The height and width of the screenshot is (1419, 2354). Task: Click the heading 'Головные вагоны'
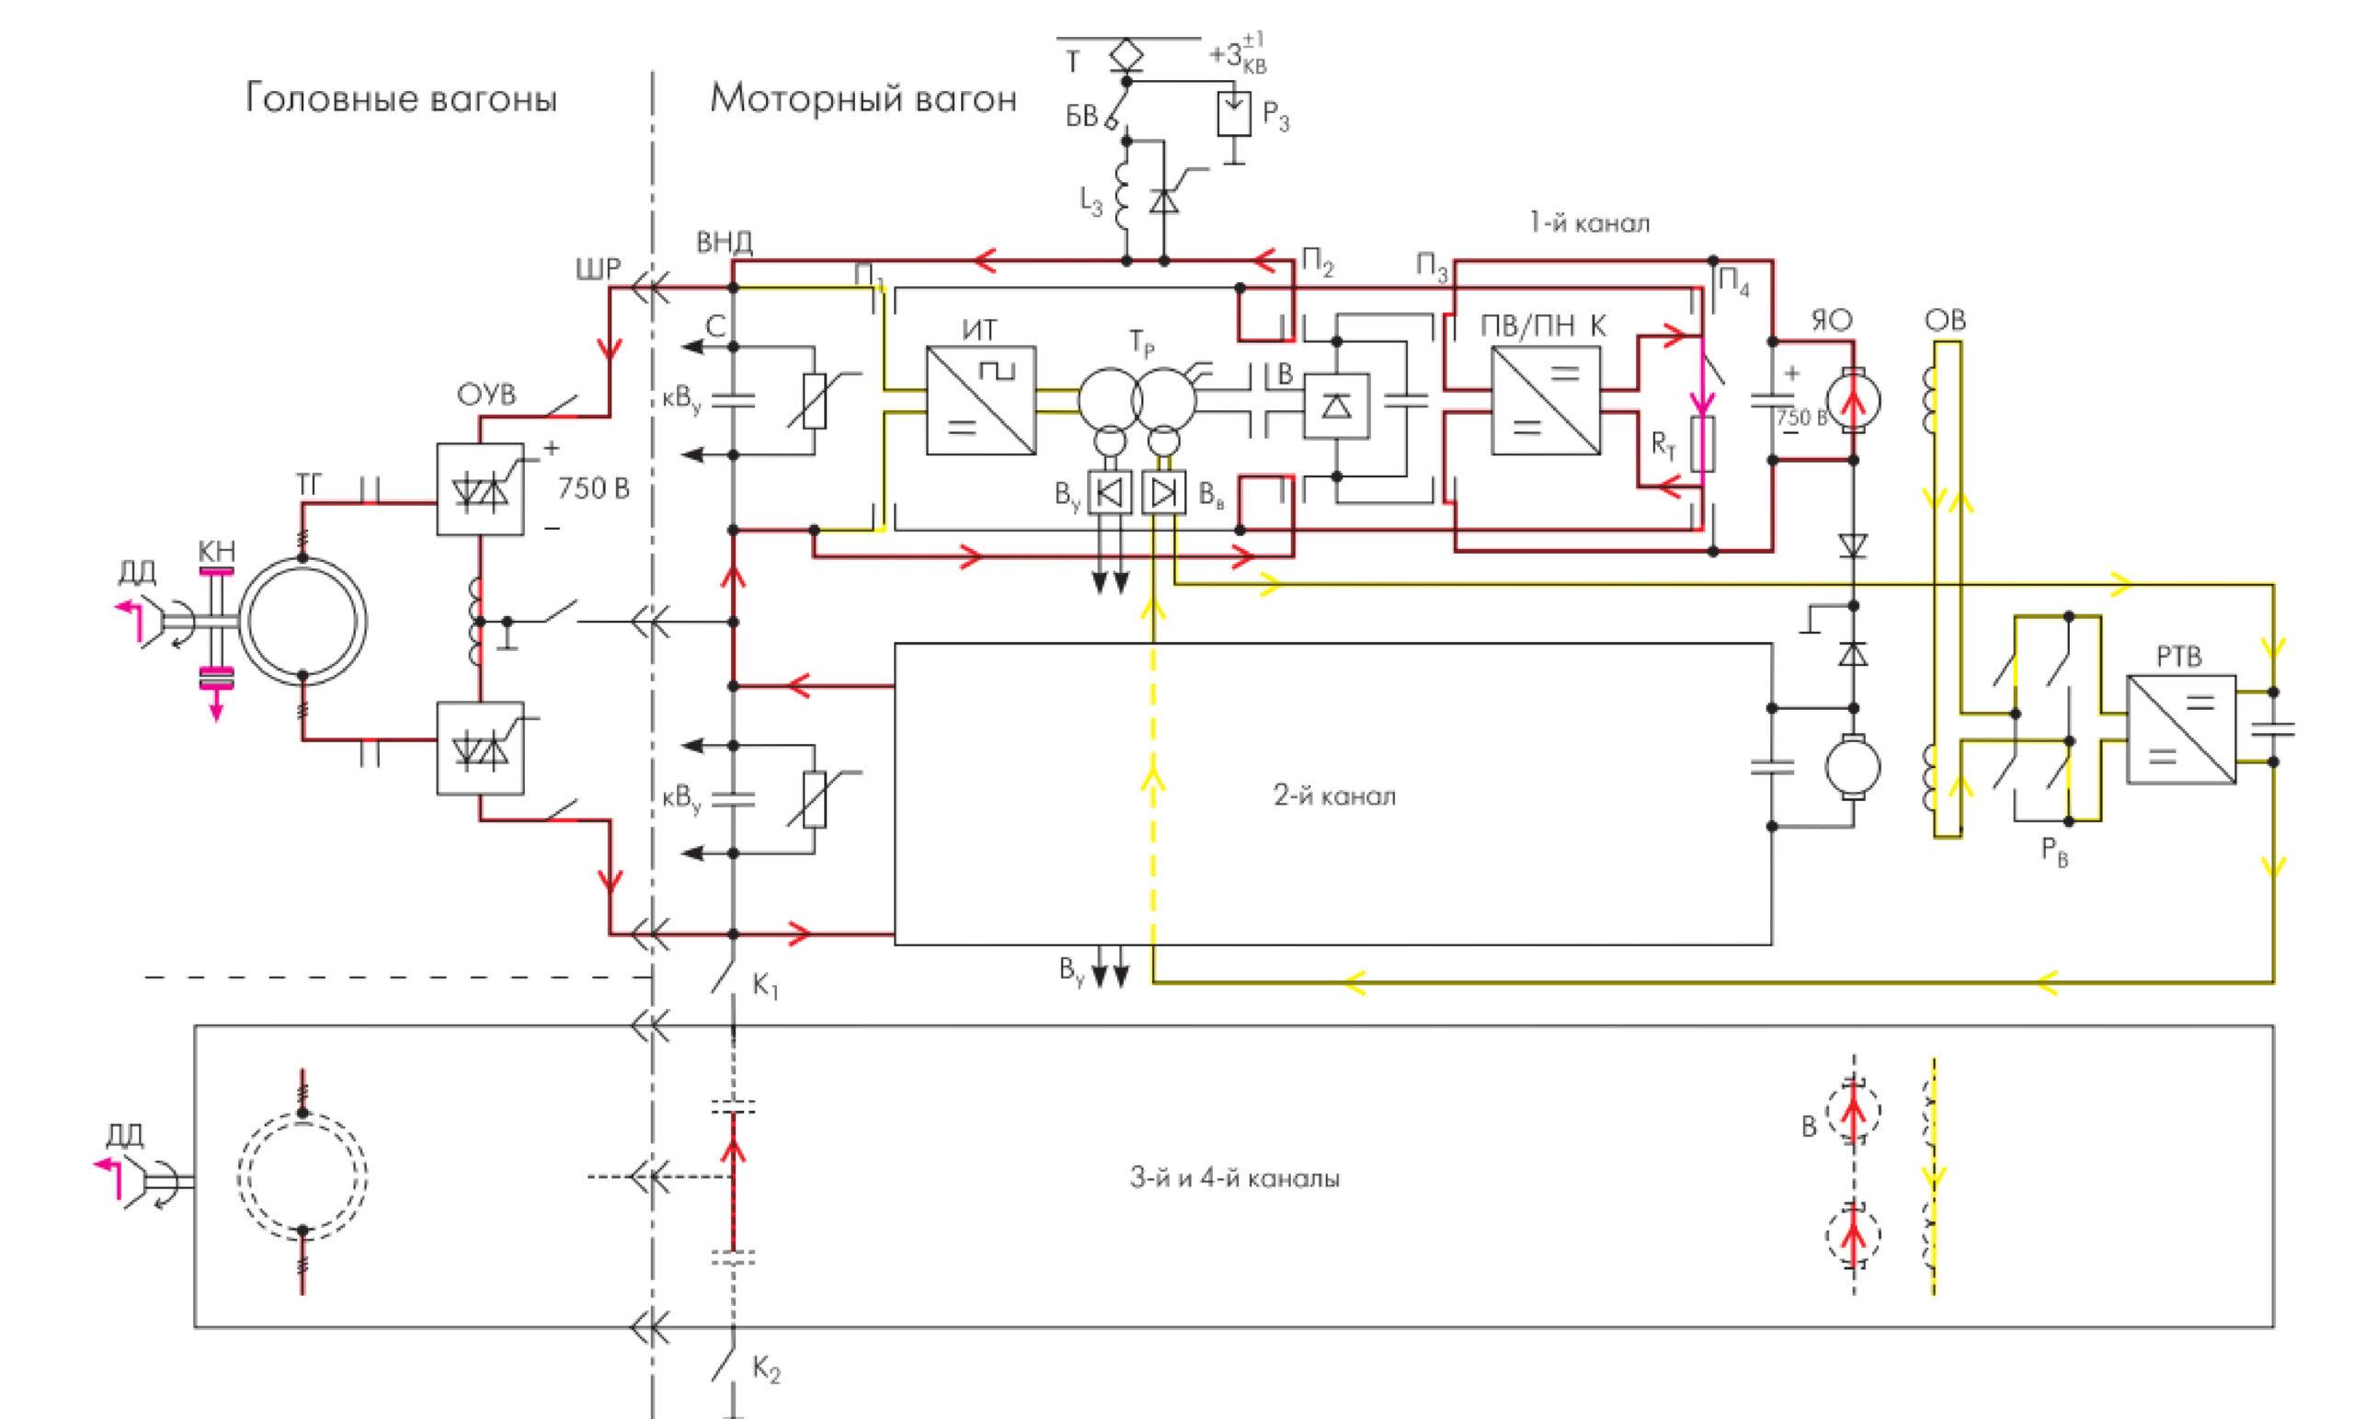401,98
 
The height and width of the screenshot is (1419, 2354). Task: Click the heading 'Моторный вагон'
863,98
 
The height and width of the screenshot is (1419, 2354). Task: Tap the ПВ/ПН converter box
1546,399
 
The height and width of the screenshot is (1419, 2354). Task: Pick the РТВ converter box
2181,730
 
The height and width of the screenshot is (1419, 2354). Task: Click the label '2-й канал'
1333,796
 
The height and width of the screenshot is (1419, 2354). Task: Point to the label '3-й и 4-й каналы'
1234,1178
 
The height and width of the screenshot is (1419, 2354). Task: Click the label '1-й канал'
1590,223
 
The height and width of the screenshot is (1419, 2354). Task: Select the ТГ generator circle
303,621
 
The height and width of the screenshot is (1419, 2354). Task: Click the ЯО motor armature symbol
1854,399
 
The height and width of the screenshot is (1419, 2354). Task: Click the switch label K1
765,987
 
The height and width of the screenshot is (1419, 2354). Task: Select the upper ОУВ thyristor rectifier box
480,488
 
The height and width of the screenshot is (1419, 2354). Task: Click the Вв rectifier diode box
1163,493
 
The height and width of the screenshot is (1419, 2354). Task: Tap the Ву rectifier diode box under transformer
1110,493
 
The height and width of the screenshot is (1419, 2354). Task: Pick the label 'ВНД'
725,243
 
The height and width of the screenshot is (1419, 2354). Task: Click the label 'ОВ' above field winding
1944,321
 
